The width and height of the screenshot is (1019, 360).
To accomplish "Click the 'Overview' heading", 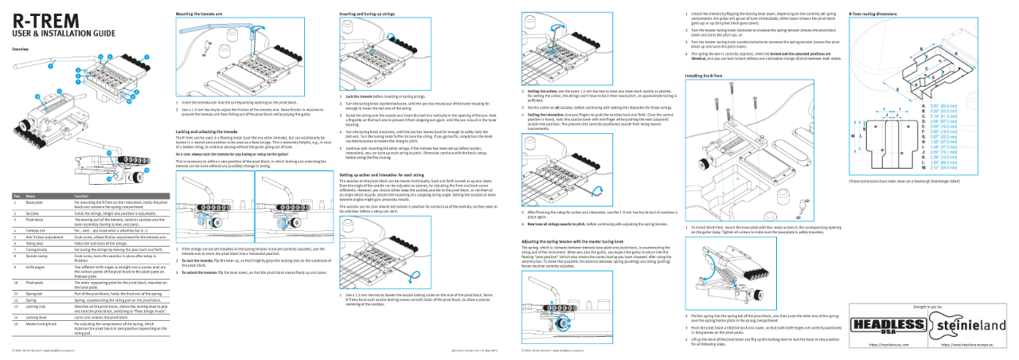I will pos(21,49).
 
